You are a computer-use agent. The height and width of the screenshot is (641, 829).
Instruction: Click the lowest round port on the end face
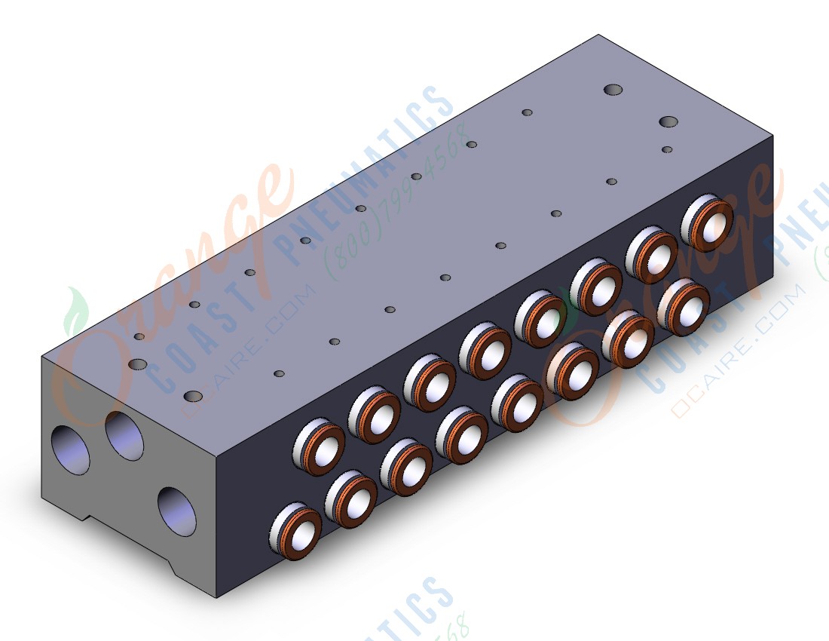177,511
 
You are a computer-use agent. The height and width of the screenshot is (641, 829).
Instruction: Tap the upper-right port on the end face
124,437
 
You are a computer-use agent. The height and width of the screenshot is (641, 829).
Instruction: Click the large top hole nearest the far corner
614,90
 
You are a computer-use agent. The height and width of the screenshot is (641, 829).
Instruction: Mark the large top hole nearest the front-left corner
194,396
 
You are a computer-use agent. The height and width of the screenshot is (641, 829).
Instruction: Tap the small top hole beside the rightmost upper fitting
666,149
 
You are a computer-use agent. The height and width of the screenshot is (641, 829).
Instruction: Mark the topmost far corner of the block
599,35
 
